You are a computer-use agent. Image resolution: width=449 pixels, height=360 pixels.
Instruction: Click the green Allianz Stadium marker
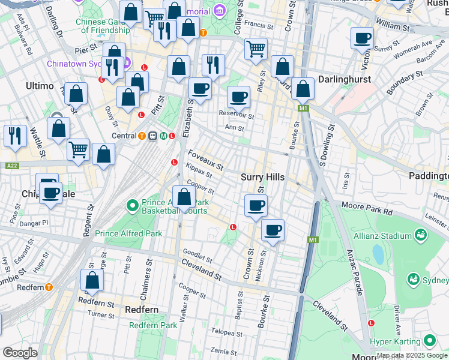[420, 235]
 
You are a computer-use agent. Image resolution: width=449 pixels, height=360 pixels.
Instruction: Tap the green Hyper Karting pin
[429, 341]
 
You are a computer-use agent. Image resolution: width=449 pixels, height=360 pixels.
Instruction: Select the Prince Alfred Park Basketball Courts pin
[133, 206]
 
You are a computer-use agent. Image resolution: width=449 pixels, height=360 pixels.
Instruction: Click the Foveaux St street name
[205, 159]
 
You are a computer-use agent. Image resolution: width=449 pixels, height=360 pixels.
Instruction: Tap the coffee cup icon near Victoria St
[362, 39]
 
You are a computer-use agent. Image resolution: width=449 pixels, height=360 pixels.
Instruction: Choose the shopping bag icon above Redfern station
[92, 280]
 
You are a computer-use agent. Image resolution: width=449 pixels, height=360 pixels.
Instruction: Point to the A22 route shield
[11, 166]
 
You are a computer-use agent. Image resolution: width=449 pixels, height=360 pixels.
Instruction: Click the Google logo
[20, 352]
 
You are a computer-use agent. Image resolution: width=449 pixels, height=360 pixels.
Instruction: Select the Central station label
[124, 136]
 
